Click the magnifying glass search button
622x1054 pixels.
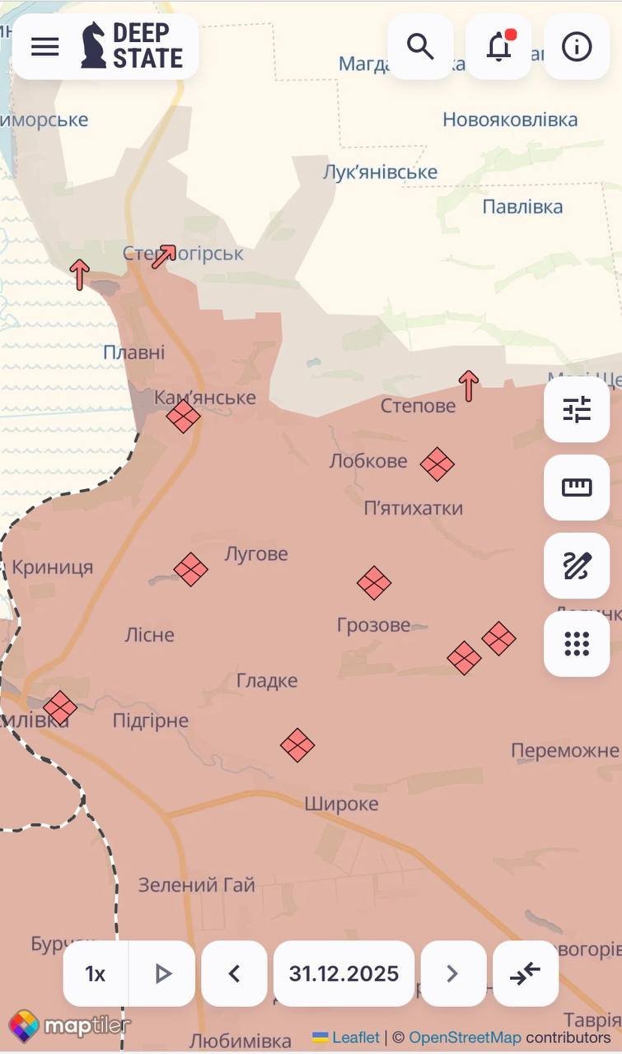pyautogui.click(x=420, y=47)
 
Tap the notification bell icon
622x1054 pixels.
pyautogui.click(x=498, y=47)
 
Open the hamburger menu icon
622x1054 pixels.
pyautogui.click(x=45, y=47)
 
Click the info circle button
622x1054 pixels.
pyautogui.click(x=577, y=47)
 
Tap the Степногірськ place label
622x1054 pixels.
pyautogui.click(x=183, y=254)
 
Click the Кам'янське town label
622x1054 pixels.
pyautogui.click(x=205, y=398)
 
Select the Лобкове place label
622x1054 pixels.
pyautogui.click(x=368, y=460)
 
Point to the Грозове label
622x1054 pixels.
pyautogui.click(x=373, y=625)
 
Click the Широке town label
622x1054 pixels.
pyautogui.click(x=341, y=804)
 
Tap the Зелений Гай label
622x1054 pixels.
pyautogui.click(x=196, y=885)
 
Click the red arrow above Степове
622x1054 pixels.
pyautogui.click(x=469, y=385)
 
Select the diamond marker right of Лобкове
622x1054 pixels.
pyautogui.click(x=437, y=464)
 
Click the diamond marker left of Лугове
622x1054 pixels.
pyautogui.click(x=190, y=569)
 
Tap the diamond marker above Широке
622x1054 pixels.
pyautogui.click(x=297, y=745)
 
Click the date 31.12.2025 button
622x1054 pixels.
pyautogui.click(x=344, y=974)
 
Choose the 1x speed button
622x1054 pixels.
pyautogui.click(x=96, y=974)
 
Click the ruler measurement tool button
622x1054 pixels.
pyautogui.click(x=577, y=487)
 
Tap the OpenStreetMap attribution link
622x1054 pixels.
pyautogui.click(x=465, y=1038)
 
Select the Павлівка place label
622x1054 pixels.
pyautogui.click(x=522, y=206)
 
